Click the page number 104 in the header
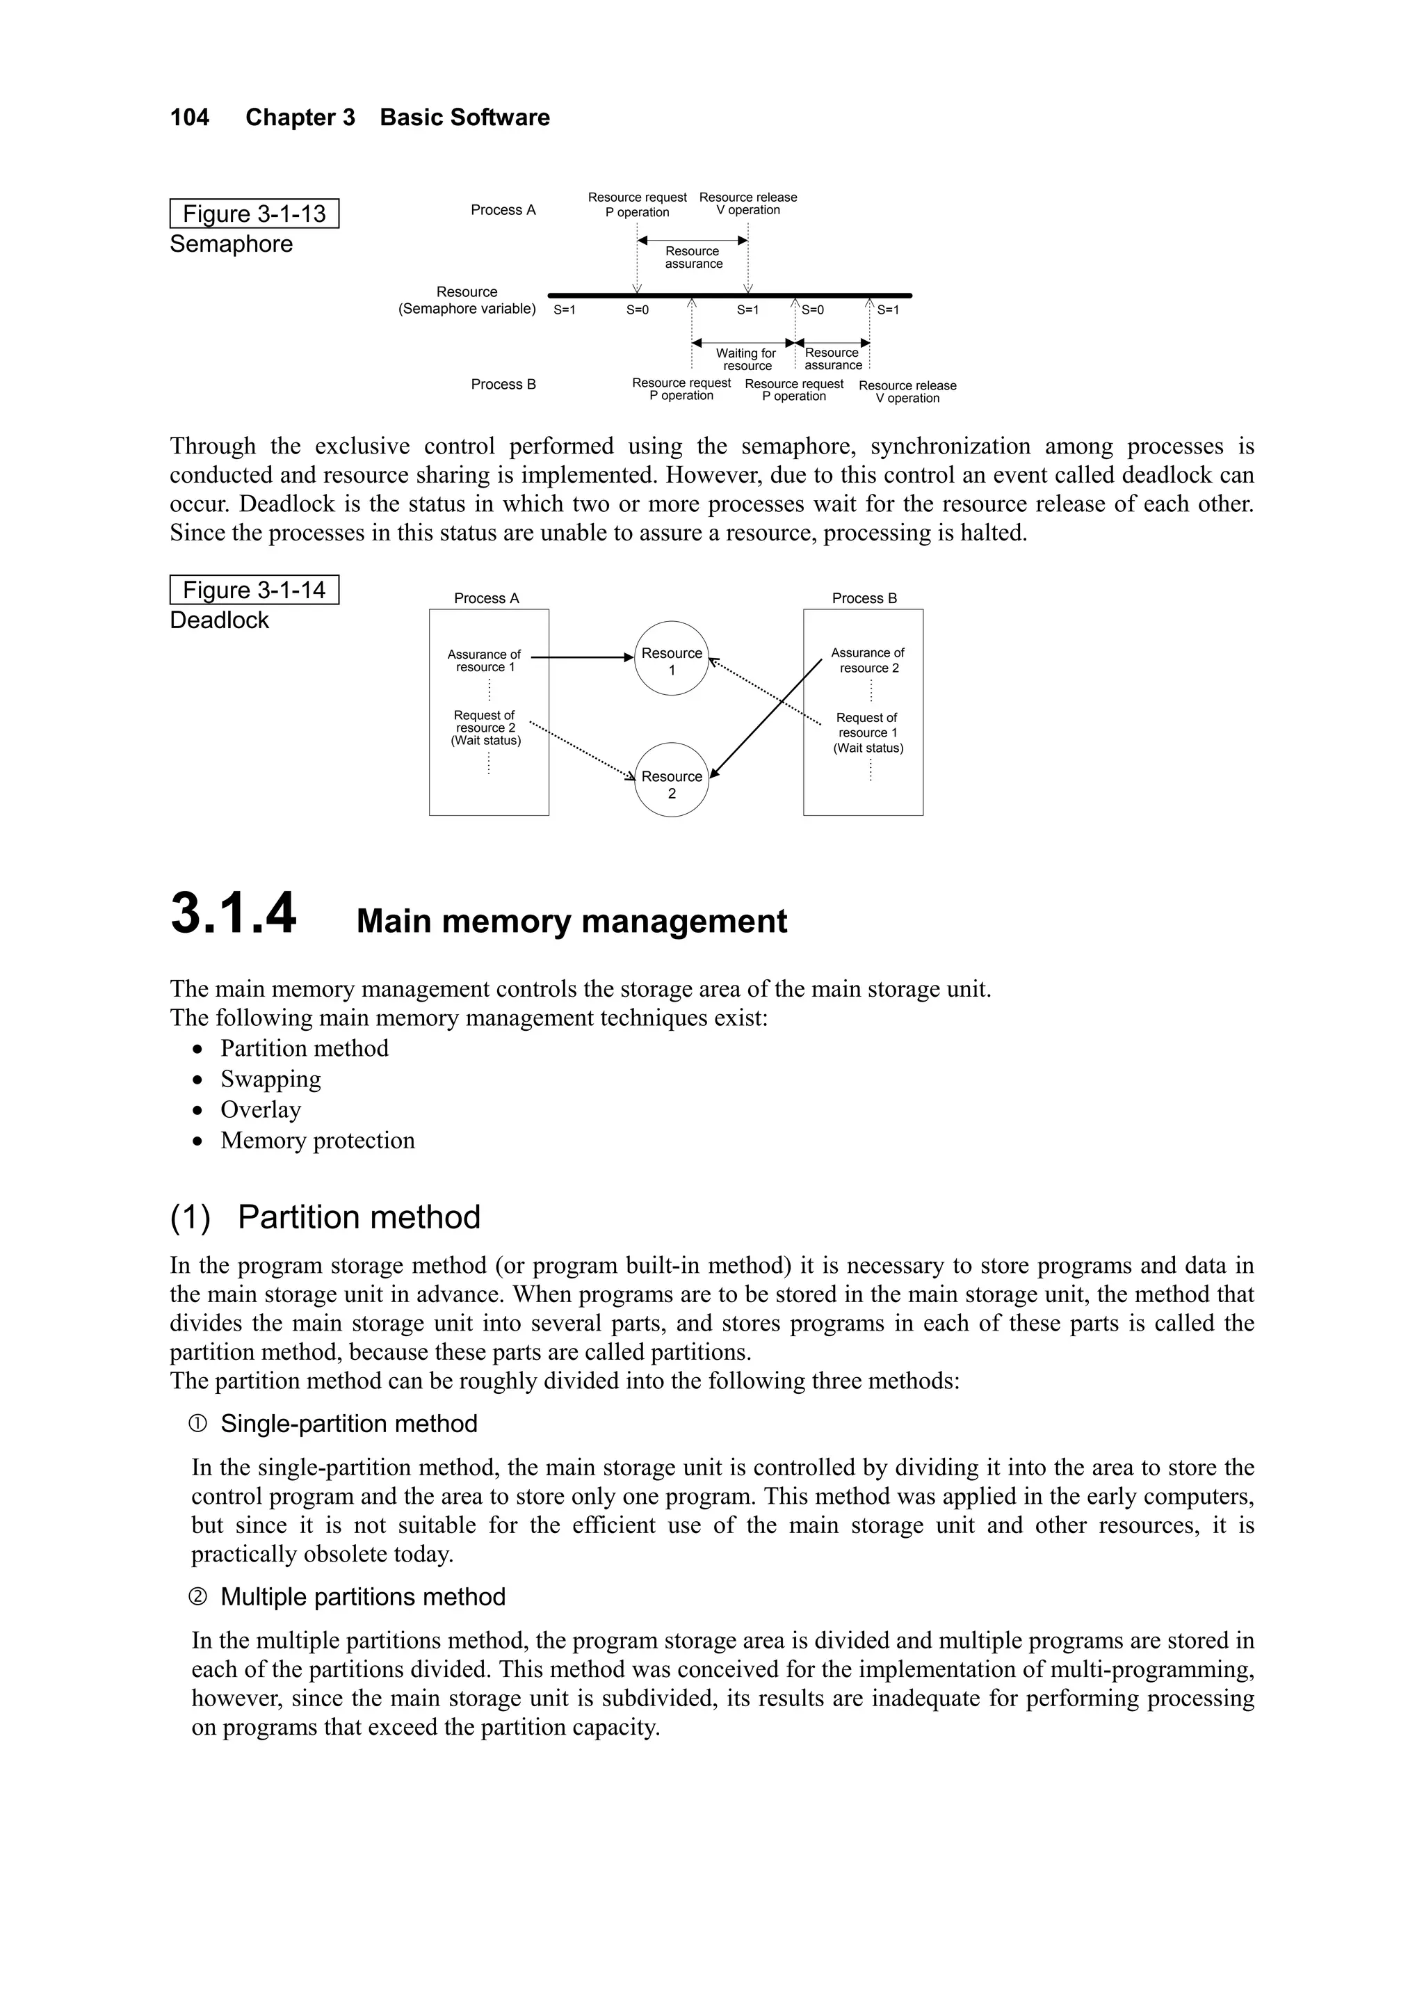pyautogui.click(x=190, y=118)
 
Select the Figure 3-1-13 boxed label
pyautogui.click(x=254, y=214)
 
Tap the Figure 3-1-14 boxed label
pyautogui.click(x=254, y=591)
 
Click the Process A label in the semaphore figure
pyautogui.click(x=503, y=210)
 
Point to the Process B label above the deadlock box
pyautogui.click(x=864, y=599)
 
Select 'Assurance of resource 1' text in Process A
pyautogui.click(x=485, y=661)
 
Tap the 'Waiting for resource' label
pyautogui.click(x=747, y=359)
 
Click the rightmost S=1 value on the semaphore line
pyautogui.click(x=888, y=310)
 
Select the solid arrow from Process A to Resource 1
pyautogui.click(x=583, y=657)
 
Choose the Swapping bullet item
pyautogui.click(x=270, y=1079)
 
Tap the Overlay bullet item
pyautogui.click(x=261, y=1110)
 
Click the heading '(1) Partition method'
pyautogui.click(x=325, y=1217)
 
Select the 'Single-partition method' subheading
pyautogui.click(x=348, y=1424)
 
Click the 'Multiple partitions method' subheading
pyautogui.click(x=362, y=1596)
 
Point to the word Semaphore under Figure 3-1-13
pyautogui.click(x=232, y=244)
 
